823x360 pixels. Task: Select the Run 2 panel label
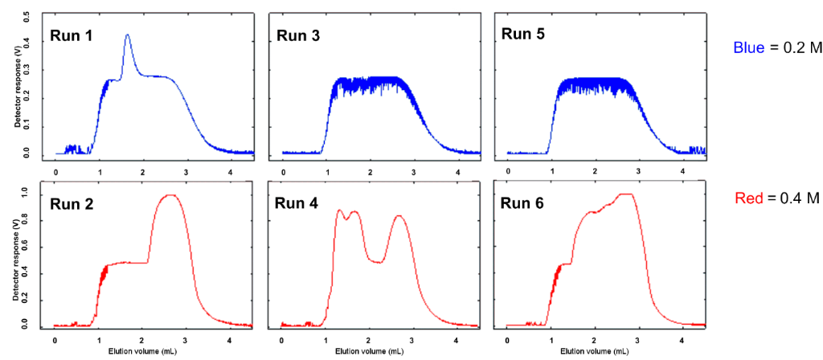tap(73, 204)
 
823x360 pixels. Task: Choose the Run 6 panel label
tap(524, 204)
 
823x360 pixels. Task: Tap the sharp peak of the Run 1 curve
tap(127, 35)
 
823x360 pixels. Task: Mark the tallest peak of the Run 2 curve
tap(169, 194)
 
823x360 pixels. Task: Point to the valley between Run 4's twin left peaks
tap(346, 218)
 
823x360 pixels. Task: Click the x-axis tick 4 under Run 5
tap(682, 171)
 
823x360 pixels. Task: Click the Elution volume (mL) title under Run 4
tap(371, 352)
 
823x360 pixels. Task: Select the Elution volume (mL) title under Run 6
tap(596, 352)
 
